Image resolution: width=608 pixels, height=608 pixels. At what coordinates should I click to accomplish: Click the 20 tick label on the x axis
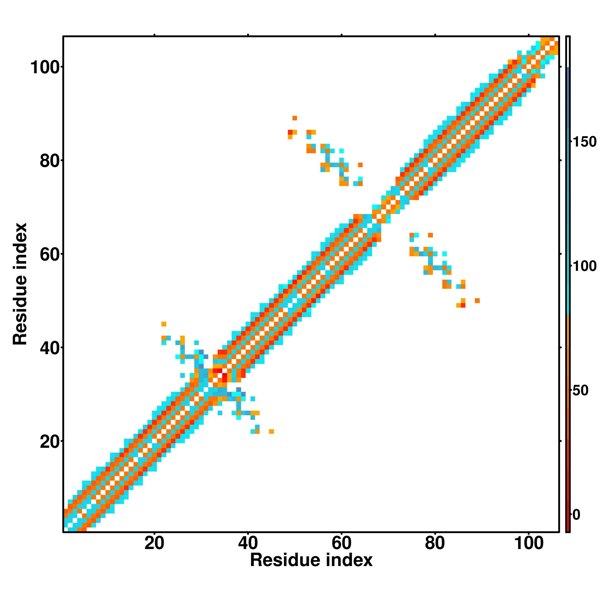(154, 544)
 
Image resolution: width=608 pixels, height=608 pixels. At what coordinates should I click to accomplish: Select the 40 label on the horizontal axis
(248, 544)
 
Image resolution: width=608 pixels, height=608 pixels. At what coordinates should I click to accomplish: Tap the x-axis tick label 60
(341, 544)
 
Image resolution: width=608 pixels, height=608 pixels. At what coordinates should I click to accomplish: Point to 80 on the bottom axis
(435, 544)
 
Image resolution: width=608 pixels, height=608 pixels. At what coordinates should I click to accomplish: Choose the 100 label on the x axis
(529, 544)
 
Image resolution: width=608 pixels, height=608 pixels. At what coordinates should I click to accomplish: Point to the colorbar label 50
(580, 391)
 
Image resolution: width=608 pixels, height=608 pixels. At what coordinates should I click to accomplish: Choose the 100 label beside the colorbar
(584, 266)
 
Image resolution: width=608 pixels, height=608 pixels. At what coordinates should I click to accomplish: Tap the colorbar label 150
(584, 142)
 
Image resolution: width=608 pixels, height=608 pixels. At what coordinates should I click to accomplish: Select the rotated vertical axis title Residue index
(20, 284)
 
